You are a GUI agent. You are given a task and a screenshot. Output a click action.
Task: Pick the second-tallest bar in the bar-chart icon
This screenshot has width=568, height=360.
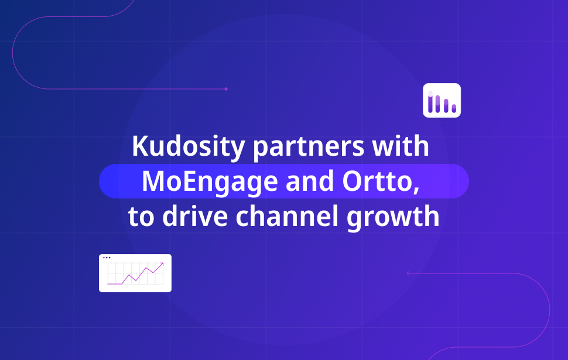click(438, 104)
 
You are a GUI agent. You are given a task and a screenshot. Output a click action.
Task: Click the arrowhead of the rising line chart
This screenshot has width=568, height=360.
click(162, 265)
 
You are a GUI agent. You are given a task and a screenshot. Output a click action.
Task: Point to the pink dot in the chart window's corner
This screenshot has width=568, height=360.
click(104, 257)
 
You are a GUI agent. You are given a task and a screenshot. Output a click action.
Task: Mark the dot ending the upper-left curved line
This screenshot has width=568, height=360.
click(226, 89)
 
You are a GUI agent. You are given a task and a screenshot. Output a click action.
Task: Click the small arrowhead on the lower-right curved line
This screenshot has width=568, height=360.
click(408, 273)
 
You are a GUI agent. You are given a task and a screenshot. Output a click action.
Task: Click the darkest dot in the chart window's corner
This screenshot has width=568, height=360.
click(110, 257)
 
